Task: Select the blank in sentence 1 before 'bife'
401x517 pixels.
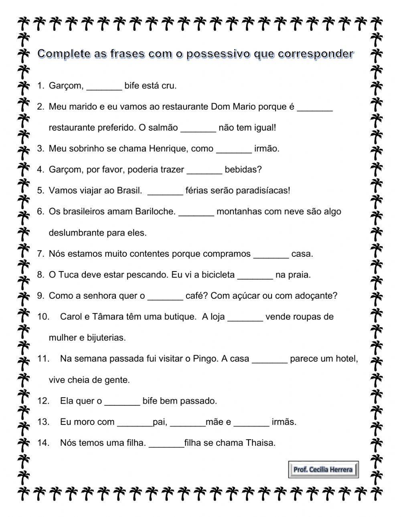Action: (104, 86)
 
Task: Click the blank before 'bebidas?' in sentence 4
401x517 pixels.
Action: (205, 170)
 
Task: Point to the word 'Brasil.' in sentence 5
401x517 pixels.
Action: (129, 191)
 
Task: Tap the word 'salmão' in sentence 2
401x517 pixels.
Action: (164, 128)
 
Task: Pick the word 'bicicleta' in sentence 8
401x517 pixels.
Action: (218, 275)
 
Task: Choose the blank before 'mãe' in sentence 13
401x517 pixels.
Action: (188, 422)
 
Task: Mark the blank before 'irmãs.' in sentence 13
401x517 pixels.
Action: (251, 422)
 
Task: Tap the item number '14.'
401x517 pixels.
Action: (43, 443)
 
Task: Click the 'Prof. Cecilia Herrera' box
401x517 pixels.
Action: (323, 469)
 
